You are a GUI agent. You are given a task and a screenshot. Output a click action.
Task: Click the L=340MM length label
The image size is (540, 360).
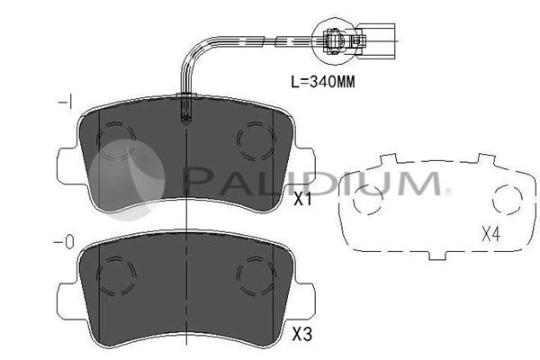tap(323, 82)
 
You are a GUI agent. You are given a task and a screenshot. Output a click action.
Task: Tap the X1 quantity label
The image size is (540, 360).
tap(302, 199)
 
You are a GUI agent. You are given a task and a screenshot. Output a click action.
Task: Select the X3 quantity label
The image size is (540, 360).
tap(302, 334)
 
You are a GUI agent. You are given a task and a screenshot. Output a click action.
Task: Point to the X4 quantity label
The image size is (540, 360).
tap(491, 235)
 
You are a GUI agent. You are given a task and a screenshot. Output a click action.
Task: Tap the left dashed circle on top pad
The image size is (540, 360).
tap(116, 141)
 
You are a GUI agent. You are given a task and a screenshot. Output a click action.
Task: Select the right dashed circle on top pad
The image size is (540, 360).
tap(256, 140)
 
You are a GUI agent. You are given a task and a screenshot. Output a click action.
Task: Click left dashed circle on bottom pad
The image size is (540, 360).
tap(116, 275)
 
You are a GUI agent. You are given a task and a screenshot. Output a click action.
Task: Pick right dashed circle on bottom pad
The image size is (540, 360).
tap(256, 275)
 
